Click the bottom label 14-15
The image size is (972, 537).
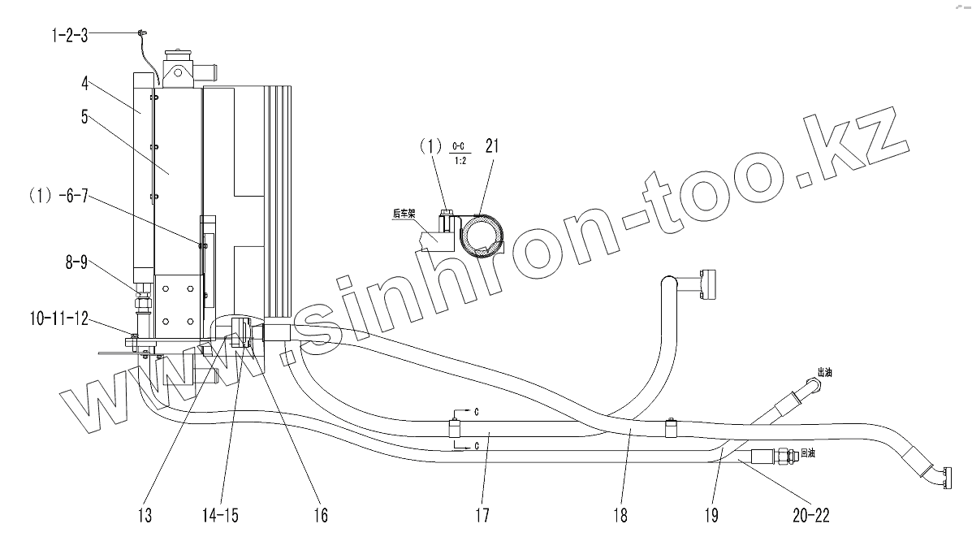pyautogui.click(x=221, y=515)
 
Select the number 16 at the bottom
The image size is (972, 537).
pyautogui.click(x=319, y=515)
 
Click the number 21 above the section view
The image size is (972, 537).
pyautogui.click(x=491, y=147)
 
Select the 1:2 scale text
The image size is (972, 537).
pyautogui.click(x=460, y=161)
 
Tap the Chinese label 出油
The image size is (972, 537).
pyautogui.click(x=824, y=373)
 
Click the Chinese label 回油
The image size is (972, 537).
pyautogui.click(x=808, y=454)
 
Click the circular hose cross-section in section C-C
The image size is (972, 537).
pyautogui.click(x=481, y=236)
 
